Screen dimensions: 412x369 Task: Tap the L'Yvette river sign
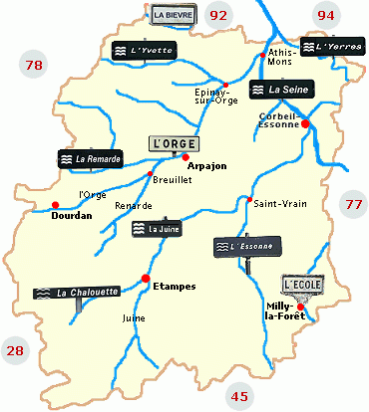(135, 49)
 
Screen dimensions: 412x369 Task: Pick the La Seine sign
(283, 90)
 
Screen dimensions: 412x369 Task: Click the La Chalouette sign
(77, 293)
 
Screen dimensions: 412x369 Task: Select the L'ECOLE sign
(302, 285)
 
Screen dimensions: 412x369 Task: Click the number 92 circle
(219, 15)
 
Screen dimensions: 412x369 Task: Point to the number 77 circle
(352, 204)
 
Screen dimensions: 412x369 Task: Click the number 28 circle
(16, 349)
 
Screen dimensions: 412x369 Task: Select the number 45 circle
(239, 395)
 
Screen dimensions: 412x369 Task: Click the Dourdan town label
(72, 215)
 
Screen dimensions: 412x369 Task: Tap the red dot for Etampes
(146, 278)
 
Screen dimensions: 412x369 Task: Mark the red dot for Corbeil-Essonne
(305, 124)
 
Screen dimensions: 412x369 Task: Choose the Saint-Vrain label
(279, 204)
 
